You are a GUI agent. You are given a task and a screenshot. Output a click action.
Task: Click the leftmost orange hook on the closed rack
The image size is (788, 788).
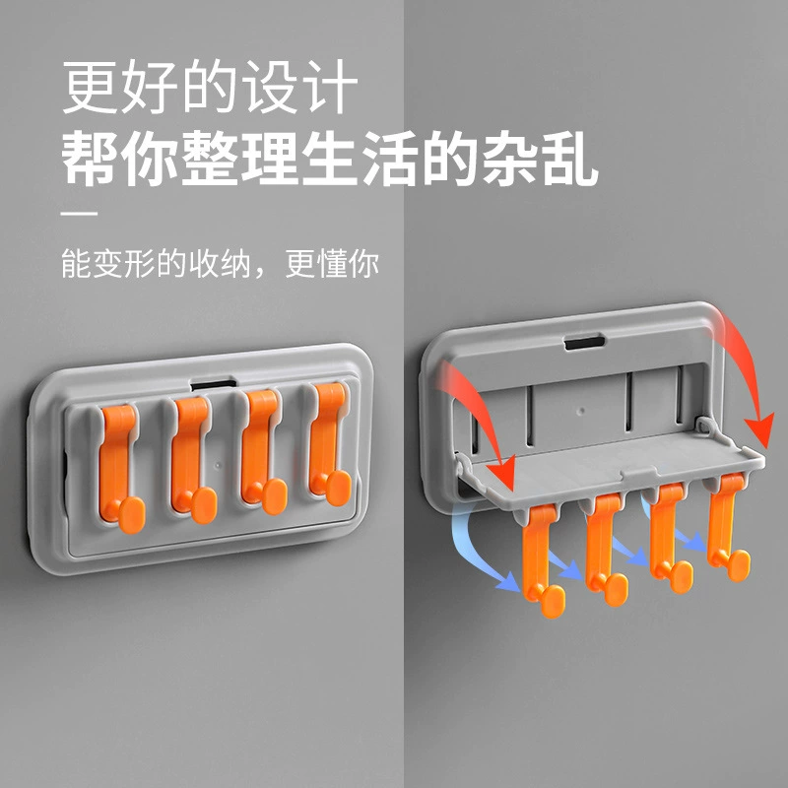(x=119, y=467)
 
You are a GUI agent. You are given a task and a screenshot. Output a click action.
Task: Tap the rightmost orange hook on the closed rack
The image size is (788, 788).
(x=329, y=443)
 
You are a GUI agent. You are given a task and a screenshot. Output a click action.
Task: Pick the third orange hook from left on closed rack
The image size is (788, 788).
(x=261, y=450)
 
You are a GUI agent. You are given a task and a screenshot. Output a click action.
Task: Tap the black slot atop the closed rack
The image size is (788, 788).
(x=213, y=385)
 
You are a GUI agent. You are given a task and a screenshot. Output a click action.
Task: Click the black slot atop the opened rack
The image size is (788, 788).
(x=584, y=343)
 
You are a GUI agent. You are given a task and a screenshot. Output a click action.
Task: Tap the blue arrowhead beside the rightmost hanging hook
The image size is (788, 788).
(x=696, y=541)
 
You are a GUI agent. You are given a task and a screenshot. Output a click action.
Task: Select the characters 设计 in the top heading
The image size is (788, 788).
(x=300, y=87)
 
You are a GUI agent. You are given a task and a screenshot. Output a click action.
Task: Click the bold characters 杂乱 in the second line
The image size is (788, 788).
(x=540, y=158)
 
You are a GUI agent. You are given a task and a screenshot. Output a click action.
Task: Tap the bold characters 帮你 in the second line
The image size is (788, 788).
(x=119, y=158)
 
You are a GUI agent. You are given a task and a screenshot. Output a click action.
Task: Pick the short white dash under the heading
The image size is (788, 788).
(x=79, y=214)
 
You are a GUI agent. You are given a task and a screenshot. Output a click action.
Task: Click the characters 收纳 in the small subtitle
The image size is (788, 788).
(x=219, y=263)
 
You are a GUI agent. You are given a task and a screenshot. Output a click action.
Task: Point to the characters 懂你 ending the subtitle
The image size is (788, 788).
(x=348, y=263)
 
